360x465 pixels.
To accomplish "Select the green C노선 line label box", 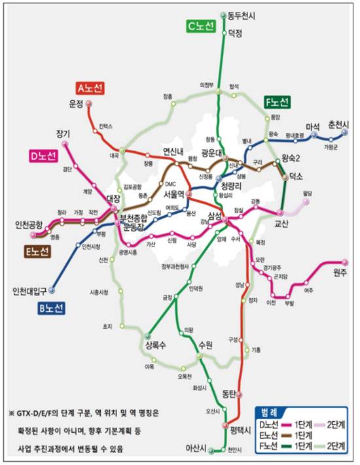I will [x=201, y=26].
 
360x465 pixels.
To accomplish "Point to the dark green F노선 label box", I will [x=277, y=102].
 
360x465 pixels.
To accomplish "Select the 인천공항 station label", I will [x=29, y=225].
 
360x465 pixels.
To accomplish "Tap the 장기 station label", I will [x=63, y=133].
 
